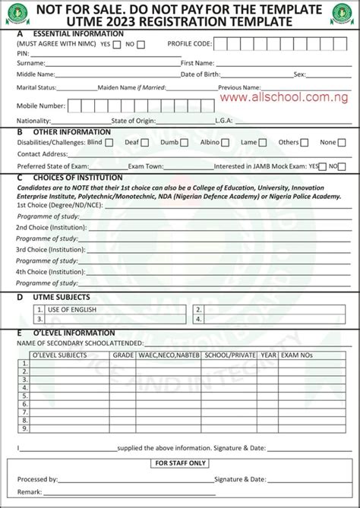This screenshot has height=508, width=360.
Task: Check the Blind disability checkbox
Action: (x=109, y=142)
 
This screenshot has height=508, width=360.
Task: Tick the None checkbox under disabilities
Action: (x=342, y=142)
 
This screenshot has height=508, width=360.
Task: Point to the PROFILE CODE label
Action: (x=189, y=44)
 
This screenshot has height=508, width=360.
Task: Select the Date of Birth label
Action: (x=201, y=74)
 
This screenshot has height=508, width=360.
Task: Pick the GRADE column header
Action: (x=123, y=355)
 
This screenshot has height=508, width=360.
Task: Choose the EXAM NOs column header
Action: (x=297, y=355)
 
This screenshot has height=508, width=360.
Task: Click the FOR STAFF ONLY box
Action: (x=180, y=462)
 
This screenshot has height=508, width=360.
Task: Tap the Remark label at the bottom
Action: (x=30, y=492)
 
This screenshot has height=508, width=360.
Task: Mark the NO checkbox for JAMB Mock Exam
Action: (x=343, y=166)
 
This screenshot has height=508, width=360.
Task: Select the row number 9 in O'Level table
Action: (x=24, y=429)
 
